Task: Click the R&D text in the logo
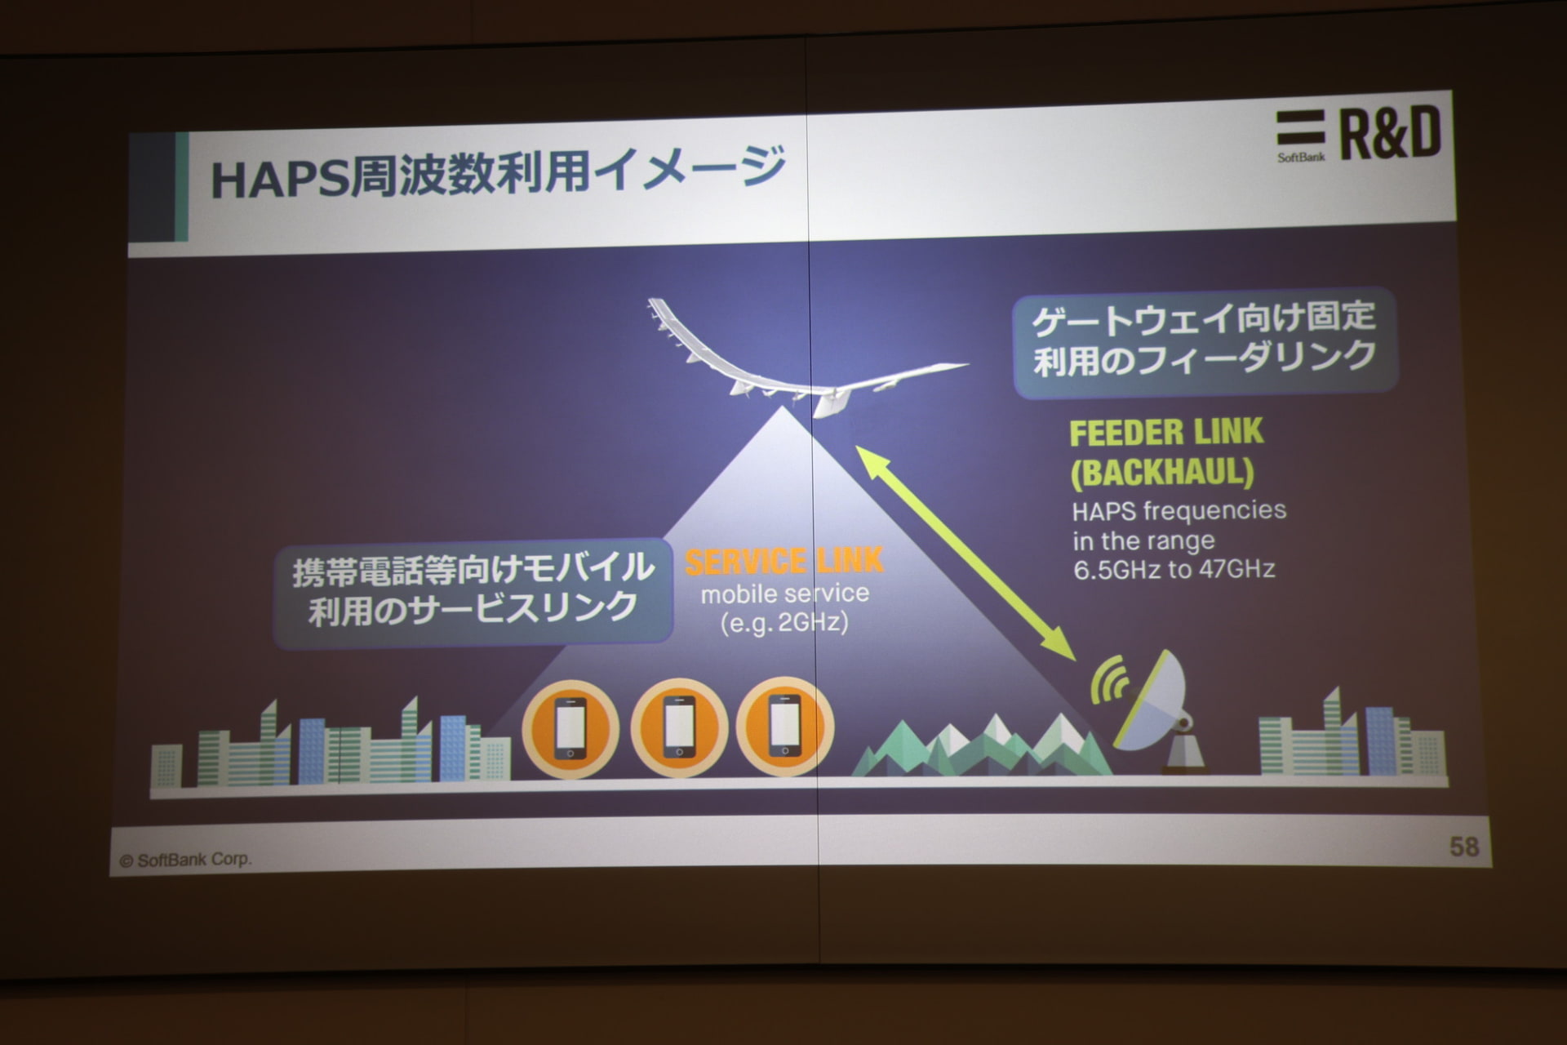point(1390,134)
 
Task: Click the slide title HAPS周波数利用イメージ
point(498,172)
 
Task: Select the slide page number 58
point(1464,847)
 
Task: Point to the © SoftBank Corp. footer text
point(185,860)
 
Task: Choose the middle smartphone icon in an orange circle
point(679,727)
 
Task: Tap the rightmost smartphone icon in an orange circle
point(785,725)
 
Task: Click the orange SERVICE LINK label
point(784,561)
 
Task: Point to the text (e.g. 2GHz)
point(784,623)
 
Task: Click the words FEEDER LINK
point(1166,432)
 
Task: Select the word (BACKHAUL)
point(1162,472)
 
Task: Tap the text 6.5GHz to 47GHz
point(1174,569)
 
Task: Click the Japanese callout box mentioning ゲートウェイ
point(1205,342)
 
